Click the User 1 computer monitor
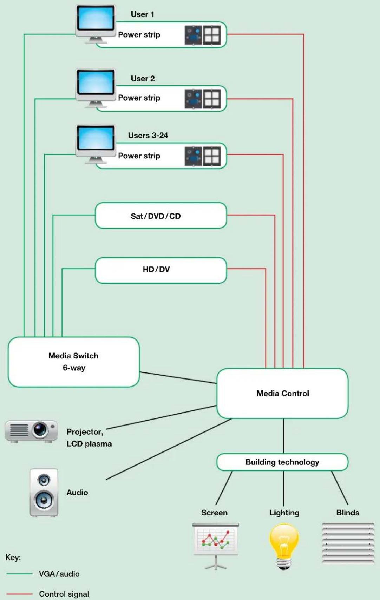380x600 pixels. [96, 24]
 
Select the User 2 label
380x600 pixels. [143, 79]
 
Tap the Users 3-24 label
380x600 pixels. [148, 135]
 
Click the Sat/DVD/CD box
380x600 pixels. [161, 216]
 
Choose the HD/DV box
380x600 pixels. [161, 270]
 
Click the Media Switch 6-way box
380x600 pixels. [74, 362]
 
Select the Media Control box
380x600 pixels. [282, 393]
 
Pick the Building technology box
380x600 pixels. [282, 462]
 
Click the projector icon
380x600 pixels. [31, 431]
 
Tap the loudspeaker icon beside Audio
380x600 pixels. [44, 492]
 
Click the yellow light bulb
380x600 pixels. [284, 546]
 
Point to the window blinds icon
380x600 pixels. [348, 543]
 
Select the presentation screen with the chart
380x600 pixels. [215, 546]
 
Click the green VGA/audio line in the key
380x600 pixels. [19, 574]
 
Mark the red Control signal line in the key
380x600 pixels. [19, 594]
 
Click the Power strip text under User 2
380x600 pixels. [139, 98]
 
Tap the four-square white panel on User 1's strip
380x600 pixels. [212, 35]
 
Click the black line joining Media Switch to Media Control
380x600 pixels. [178, 378]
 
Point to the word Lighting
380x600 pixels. [284, 513]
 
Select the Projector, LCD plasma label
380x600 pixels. [89, 438]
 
